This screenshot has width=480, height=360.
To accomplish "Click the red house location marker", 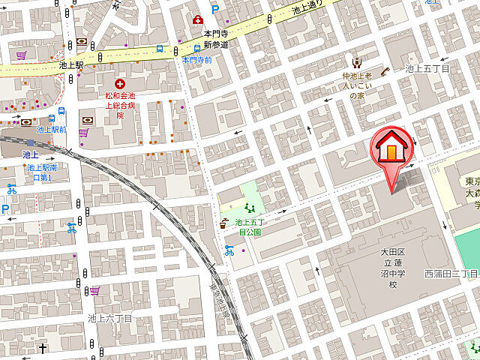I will pos(392,148).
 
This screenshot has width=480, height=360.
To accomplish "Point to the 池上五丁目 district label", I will pos(427,68).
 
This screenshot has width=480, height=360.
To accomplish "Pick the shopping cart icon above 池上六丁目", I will pos(95,290).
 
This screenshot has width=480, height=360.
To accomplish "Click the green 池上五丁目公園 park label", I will pos(249,226).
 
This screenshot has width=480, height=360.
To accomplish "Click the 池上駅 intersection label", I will pos(70,66).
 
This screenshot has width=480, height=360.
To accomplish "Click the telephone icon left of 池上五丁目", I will pos(386,72).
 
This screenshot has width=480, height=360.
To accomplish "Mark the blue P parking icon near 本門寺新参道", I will pos(214,10).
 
